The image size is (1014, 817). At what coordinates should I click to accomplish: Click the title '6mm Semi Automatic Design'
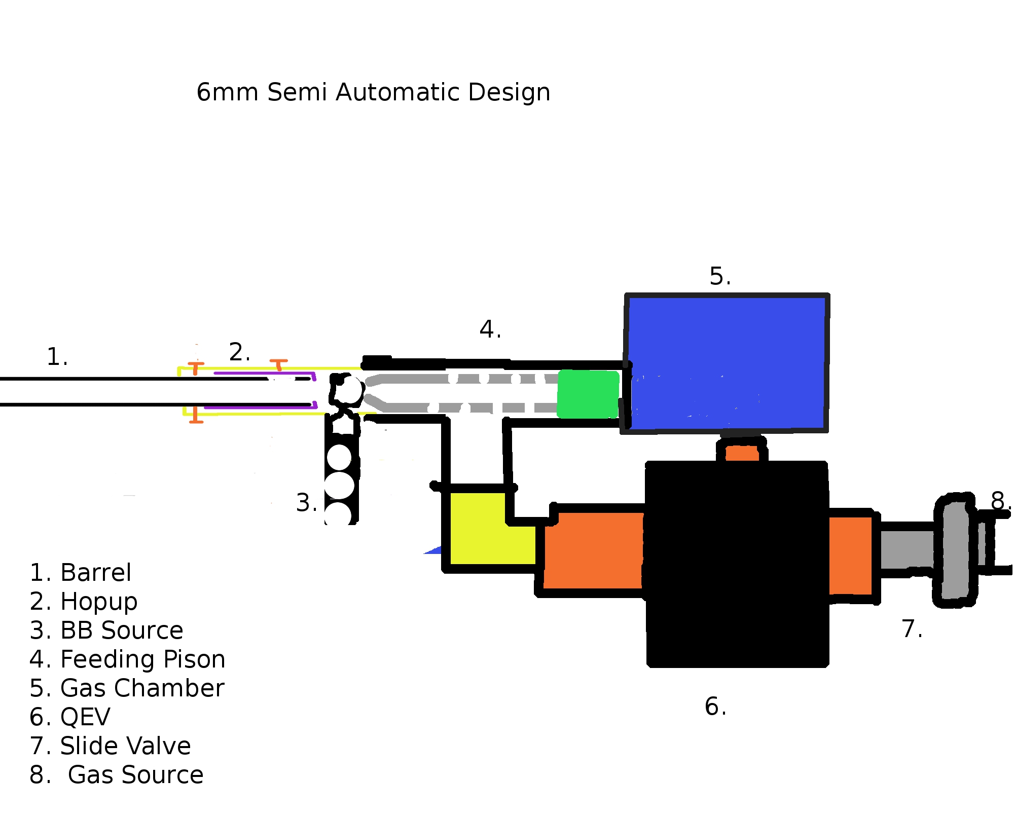(373, 92)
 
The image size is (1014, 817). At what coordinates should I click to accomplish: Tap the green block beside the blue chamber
(588, 394)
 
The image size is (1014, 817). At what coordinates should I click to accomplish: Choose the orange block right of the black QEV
(850, 555)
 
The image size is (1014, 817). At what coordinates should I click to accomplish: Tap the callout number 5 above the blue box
(719, 277)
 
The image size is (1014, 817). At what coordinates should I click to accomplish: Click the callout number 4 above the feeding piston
(490, 329)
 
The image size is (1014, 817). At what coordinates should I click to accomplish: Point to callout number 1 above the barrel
(57, 357)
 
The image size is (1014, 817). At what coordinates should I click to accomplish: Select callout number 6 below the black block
(715, 707)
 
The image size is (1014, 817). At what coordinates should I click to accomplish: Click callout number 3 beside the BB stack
(306, 503)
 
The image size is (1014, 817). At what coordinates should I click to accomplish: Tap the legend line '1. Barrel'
(80, 573)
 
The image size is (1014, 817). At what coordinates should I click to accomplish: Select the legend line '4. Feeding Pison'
(127, 659)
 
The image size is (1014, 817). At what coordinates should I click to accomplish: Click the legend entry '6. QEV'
(70, 717)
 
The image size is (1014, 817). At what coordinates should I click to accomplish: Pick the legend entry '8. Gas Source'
(117, 775)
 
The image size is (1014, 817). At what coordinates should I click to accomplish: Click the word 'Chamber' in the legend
(169, 688)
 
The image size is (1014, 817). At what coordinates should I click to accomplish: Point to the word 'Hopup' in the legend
(99, 602)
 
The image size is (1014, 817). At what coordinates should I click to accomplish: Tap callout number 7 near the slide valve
(911, 629)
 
